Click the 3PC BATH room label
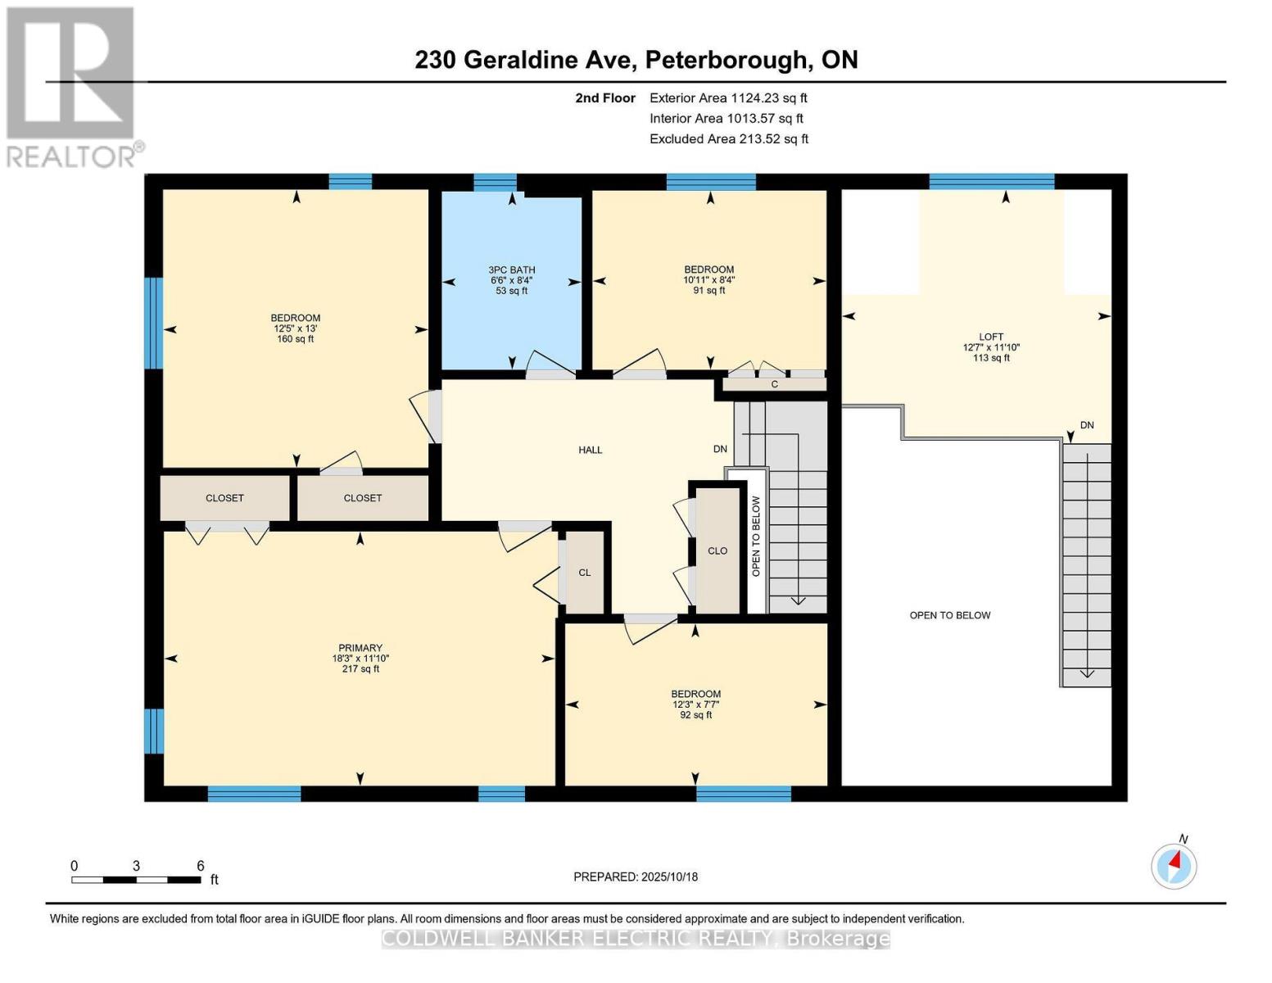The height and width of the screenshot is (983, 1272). coord(512,270)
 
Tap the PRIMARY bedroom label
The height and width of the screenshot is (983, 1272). coord(360,648)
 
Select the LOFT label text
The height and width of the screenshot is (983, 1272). coord(991,337)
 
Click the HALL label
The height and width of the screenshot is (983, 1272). coord(590,450)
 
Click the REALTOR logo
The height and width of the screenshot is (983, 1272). coord(72,87)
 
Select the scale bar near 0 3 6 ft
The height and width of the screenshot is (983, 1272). coord(136,880)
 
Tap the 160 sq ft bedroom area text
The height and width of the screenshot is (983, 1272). coord(296,339)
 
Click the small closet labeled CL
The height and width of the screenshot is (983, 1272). coord(585,573)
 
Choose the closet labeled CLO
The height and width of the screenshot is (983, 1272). coord(717,550)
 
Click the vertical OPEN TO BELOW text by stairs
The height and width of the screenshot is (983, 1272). coord(756,536)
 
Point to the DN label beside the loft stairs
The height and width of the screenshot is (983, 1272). coord(1087,425)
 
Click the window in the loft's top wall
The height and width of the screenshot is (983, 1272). coord(991,182)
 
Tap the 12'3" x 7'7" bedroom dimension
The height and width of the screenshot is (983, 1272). coord(695,704)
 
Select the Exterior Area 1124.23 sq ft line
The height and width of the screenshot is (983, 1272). coord(728,97)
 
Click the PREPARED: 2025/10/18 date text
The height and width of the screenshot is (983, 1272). coord(636,877)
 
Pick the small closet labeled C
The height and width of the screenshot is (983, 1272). coord(774,383)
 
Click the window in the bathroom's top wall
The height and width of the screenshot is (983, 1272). coord(495,182)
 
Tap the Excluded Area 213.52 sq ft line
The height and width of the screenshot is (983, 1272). coord(729,138)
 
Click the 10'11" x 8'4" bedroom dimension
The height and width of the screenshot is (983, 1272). coord(709,279)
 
